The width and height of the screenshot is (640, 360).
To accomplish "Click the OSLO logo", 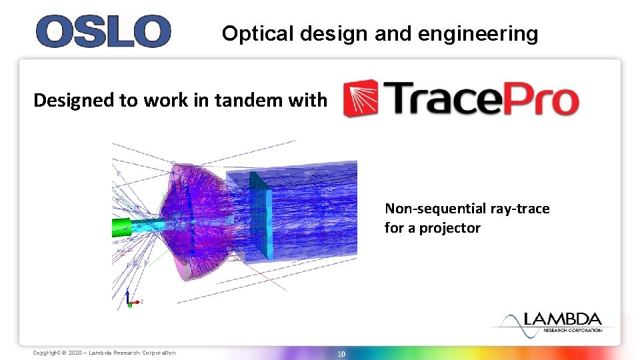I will (x=103, y=31).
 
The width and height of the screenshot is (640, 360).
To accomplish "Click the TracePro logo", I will (x=461, y=99).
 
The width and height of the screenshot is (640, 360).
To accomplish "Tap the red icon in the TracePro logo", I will (x=360, y=99).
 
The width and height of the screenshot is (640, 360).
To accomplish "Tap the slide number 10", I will (x=341, y=353).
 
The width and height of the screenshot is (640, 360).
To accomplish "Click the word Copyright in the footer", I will (x=45, y=353).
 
